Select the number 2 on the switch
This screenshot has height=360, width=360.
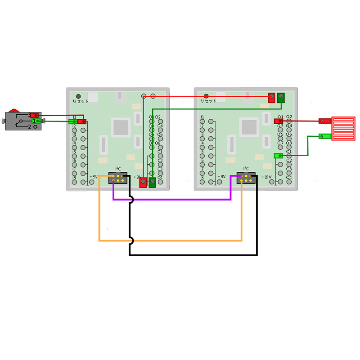(x=29, y=127)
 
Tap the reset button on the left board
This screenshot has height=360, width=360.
(x=78, y=96)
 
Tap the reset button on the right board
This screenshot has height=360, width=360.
(x=206, y=96)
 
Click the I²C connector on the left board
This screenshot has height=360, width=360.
(x=117, y=178)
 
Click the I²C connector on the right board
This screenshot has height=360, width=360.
(x=246, y=178)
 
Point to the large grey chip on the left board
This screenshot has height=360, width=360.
(x=120, y=127)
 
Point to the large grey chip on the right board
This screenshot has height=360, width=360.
(x=248, y=127)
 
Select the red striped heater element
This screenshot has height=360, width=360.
(x=343, y=128)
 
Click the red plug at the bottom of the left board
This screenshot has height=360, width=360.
(x=143, y=182)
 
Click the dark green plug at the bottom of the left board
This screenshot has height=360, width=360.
(x=153, y=182)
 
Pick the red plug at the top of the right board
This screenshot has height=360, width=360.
(x=271, y=97)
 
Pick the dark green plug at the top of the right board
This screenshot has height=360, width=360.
(x=281, y=97)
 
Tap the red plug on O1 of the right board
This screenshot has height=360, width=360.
(x=279, y=121)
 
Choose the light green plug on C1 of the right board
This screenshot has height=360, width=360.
(x=278, y=156)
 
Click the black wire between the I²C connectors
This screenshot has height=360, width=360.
(x=193, y=255)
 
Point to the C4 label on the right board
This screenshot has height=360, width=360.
(x=289, y=178)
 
